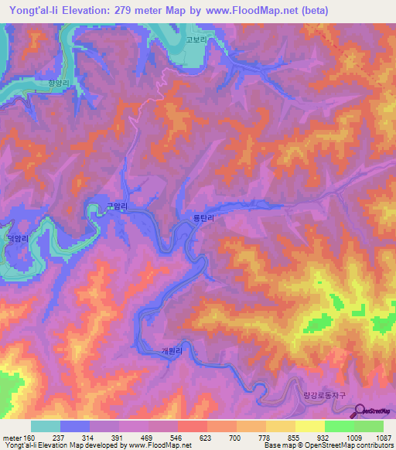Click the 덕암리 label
(16, 240)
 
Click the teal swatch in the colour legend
(46, 426)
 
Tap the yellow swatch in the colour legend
(309, 426)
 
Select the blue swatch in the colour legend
(75, 426)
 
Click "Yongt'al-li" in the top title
(34, 11)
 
